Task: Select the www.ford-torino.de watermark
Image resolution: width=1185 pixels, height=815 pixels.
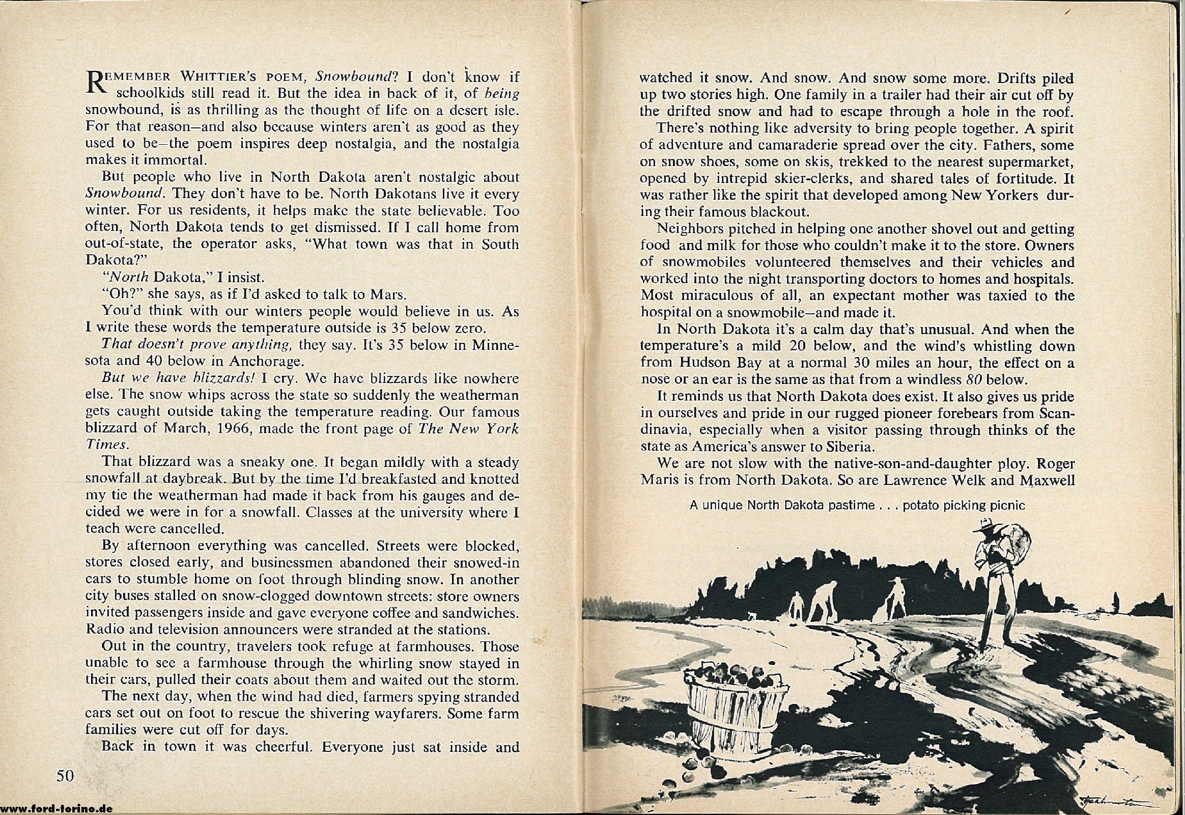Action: pyautogui.click(x=56, y=809)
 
